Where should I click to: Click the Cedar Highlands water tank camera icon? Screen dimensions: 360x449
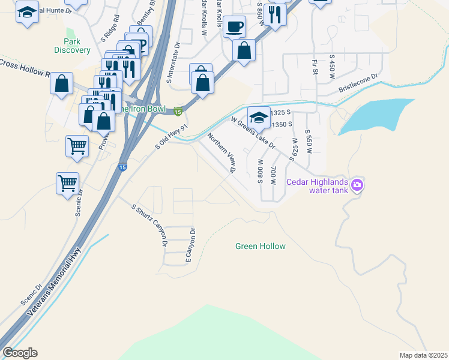[x=357, y=185]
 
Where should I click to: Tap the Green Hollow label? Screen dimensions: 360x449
[x=260, y=246]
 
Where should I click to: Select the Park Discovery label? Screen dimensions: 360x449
[x=72, y=46]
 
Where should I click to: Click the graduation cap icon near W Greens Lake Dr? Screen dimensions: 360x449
[x=258, y=117]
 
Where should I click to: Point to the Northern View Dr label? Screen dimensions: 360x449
[x=221, y=153]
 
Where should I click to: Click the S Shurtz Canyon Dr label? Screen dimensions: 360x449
[x=149, y=225]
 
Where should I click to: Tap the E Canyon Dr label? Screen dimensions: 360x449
[x=190, y=245]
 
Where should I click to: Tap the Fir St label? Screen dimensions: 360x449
[x=315, y=67]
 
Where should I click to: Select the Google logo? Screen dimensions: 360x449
[x=20, y=353]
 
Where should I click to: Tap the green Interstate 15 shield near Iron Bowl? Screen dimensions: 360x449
[x=178, y=111]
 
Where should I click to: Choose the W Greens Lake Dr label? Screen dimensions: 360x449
[x=253, y=133]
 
